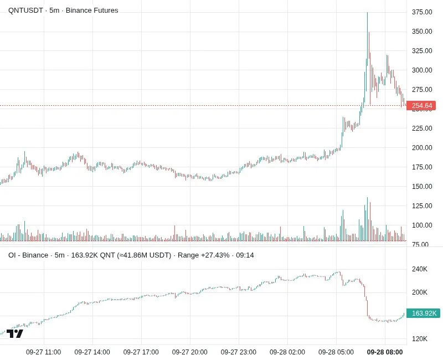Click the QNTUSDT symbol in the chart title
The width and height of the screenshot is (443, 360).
(x=25, y=11)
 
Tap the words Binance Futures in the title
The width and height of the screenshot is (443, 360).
(x=92, y=11)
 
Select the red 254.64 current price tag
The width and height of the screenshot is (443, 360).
(x=421, y=106)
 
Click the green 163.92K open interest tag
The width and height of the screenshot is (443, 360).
(x=423, y=313)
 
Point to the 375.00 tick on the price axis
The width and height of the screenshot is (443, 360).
(x=422, y=12)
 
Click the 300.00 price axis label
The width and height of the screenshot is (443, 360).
(x=422, y=70)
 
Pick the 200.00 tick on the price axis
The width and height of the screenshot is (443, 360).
(x=422, y=147)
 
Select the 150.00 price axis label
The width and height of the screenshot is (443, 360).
(x=422, y=187)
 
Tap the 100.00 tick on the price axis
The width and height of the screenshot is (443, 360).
(x=422, y=225)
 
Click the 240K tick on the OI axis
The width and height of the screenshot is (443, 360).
(x=420, y=269)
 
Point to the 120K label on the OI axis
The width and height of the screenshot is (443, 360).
(x=420, y=339)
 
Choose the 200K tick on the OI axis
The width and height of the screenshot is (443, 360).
(x=420, y=292)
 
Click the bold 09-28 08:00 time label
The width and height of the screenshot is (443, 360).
(x=385, y=352)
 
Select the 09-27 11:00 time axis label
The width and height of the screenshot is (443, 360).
(x=43, y=352)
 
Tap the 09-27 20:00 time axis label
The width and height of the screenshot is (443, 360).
(x=189, y=352)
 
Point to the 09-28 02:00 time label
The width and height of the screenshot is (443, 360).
(x=287, y=352)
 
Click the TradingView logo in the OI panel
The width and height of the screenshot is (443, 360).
(x=15, y=334)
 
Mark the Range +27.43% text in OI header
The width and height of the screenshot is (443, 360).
(x=203, y=255)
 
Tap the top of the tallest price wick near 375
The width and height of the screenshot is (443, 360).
(x=367, y=12)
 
